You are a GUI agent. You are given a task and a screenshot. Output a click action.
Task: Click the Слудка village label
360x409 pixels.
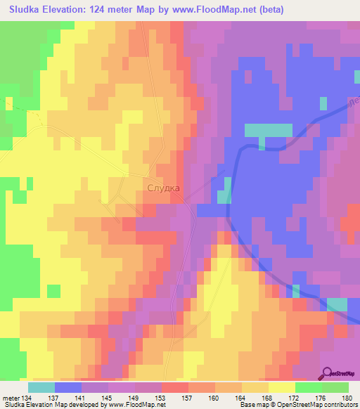pyautogui.click(x=164, y=188)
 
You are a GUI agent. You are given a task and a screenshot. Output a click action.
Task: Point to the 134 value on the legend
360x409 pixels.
pyautogui.click(x=27, y=398)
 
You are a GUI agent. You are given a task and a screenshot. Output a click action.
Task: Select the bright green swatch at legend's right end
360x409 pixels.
pyautogui.click(x=335, y=387)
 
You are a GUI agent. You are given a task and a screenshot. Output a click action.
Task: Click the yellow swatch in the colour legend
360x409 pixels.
pyautogui.click(x=282, y=387)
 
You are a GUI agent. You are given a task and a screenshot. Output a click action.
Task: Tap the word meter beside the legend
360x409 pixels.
pyautogui.click(x=11, y=398)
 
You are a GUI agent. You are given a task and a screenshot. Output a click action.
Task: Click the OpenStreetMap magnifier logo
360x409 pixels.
pyautogui.click(x=328, y=374)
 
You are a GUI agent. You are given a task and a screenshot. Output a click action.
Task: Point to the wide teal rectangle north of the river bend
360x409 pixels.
pyautogui.click(x=268, y=130)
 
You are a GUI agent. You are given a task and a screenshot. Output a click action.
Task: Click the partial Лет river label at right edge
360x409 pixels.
pyautogui.click(x=354, y=104)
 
